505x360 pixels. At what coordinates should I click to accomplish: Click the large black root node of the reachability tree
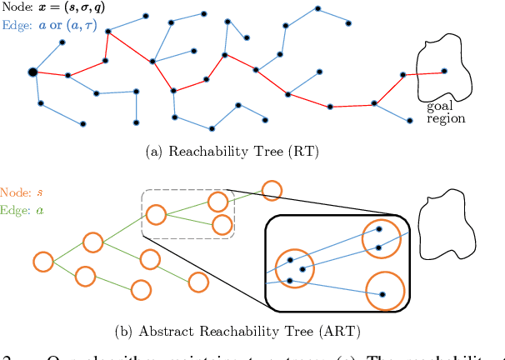[32, 72]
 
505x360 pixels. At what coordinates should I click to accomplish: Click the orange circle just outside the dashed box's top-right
[271, 189]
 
